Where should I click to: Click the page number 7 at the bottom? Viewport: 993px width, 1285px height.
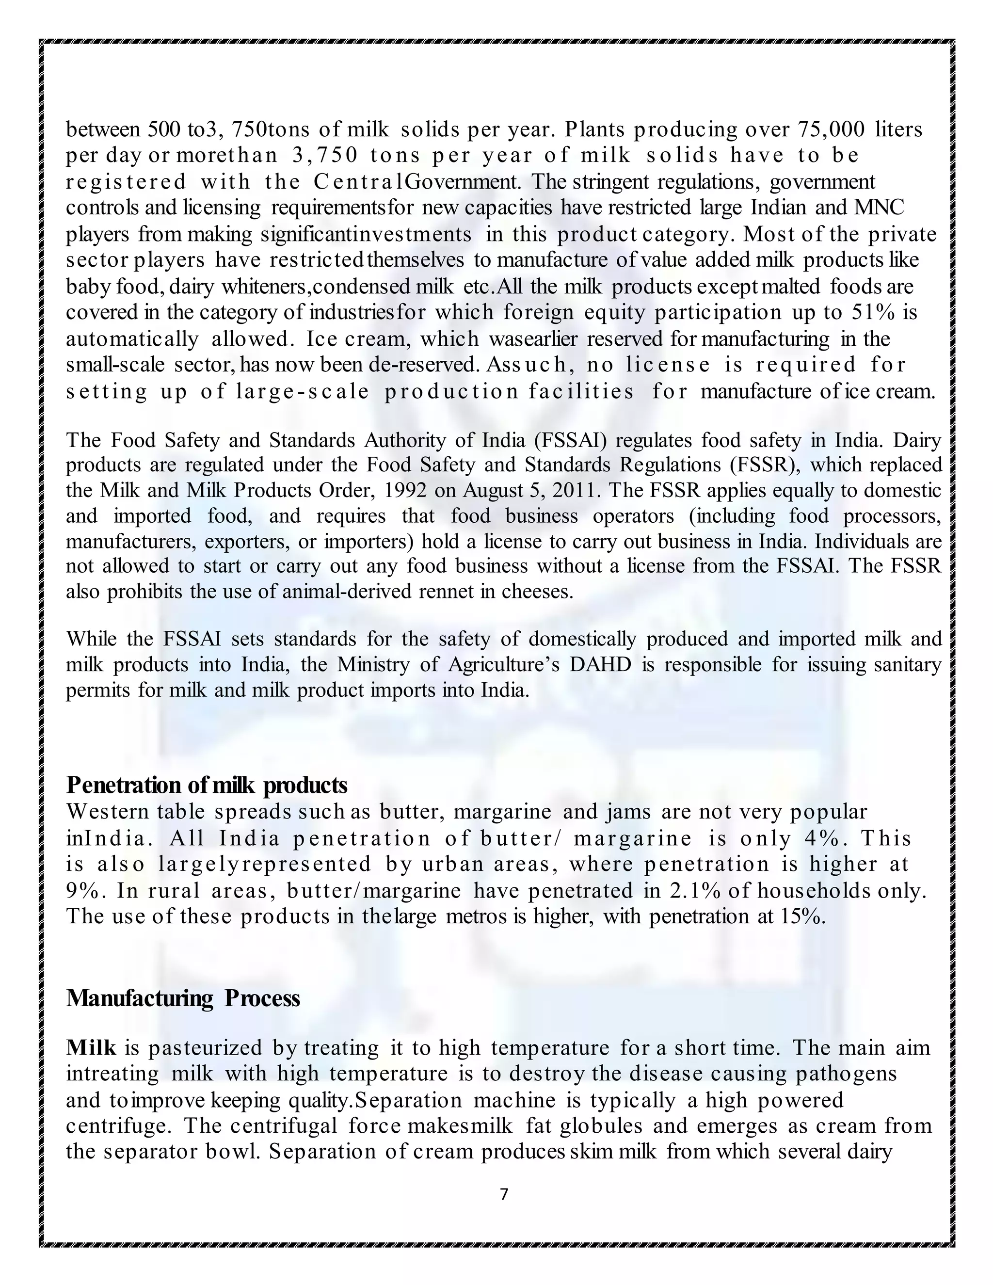click(504, 1194)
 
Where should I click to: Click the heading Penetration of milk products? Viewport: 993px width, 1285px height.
click(207, 785)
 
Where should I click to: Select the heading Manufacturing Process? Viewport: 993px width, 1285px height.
click(183, 998)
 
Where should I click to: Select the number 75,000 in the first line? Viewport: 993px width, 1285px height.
click(831, 129)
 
